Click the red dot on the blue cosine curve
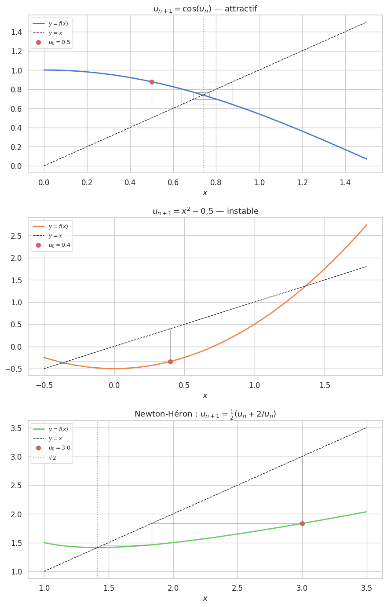tap(152, 82)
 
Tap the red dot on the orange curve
tap(170, 362)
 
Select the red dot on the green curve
tap(302, 523)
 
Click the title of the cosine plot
tap(205, 9)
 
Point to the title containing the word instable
tap(205, 212)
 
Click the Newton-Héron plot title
tap(205, 414)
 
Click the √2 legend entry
tap(53, 457)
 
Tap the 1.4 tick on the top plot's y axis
tap(17, 32)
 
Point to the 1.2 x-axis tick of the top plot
tap(302, 182)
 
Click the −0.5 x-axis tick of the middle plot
tap(44, 385)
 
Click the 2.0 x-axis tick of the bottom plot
tap(173, 588)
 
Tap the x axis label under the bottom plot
tap(205, 599)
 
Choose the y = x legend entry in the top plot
tap(55, 33)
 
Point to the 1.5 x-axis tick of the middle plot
tap(325, 385)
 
